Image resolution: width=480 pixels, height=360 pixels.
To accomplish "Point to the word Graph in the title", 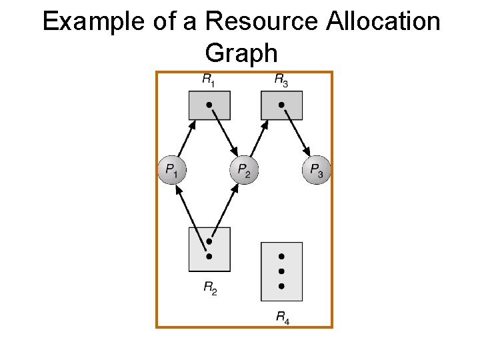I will pos(241,52).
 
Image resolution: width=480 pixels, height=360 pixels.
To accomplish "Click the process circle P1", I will pos(171,169).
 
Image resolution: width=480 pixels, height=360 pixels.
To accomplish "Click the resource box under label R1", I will pos(209,105).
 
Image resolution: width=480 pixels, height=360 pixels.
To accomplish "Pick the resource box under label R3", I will pos(281,105).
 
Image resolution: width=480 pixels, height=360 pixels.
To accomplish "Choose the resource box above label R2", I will pos(209,249).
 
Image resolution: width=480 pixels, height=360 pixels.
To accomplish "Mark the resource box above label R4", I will pos(281,271).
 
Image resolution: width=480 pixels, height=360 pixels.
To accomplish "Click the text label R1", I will pos(209,80).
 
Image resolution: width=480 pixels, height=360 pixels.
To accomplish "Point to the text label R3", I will pos(281,80).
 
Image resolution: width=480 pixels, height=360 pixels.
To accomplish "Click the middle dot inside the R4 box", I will pos(281,271).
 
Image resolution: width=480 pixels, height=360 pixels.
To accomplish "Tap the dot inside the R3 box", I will pos(281,105).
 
